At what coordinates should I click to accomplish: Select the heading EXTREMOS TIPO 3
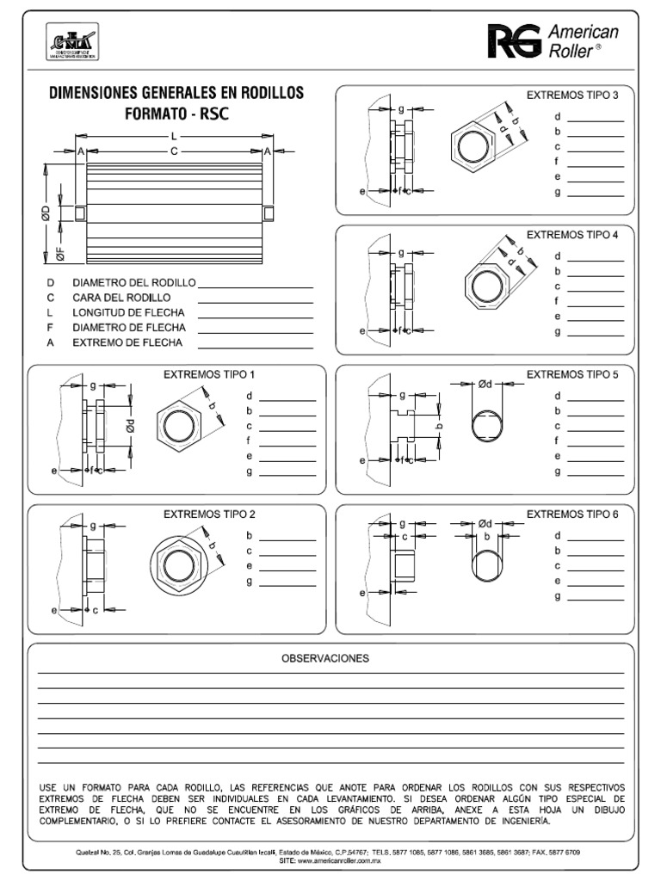click(x=572, y=95)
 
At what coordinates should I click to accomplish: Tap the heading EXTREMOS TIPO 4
click(x=572, y=234)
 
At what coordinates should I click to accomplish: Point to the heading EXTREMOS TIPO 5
click(x=572, y=374)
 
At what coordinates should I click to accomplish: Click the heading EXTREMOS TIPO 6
click(x=572, y=514)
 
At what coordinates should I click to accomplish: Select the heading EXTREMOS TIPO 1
click(x=210, y=374)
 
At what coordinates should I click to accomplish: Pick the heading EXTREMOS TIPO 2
click(x=210, y=514)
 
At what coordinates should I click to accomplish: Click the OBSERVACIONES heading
click(x=325, y=658)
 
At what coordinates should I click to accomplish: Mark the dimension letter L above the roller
click(x=174, y=136)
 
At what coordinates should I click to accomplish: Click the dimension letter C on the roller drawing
click(x=174, y=151)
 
